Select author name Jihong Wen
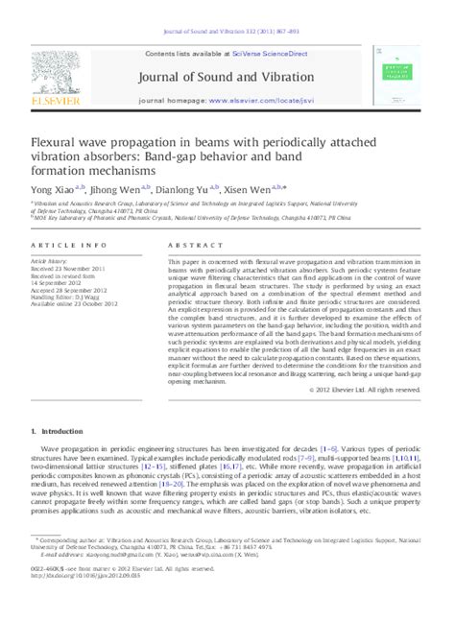pos(117,189)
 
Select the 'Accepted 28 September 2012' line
pos(72,288)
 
